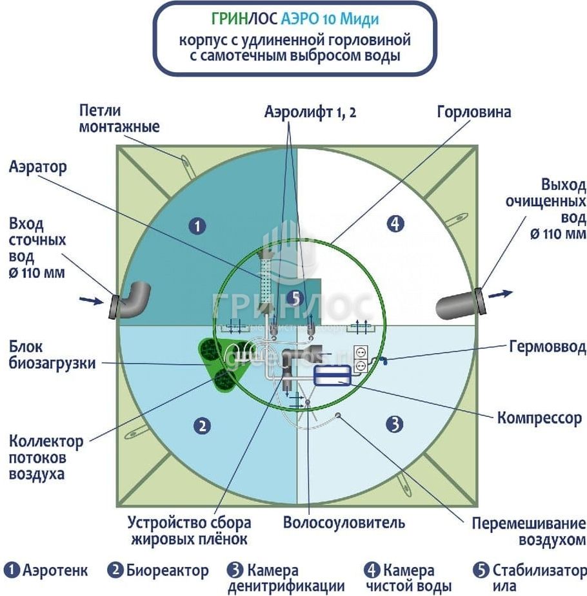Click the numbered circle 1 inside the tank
[197, 227]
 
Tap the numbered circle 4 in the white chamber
[395, 224]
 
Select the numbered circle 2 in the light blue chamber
[202, 426]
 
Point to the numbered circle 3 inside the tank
[395, 424]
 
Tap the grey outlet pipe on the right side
[461, 303]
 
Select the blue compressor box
[332, 375]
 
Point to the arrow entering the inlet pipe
[92, 301]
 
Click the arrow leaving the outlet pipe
[501, 294]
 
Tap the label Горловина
[473, 112]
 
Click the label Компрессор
[539, 418]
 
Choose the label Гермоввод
[548, 347]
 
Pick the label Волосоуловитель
[344, 523]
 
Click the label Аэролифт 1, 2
[310, 112]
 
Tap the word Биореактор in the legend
[167, 570]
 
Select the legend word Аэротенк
[55, 570]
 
